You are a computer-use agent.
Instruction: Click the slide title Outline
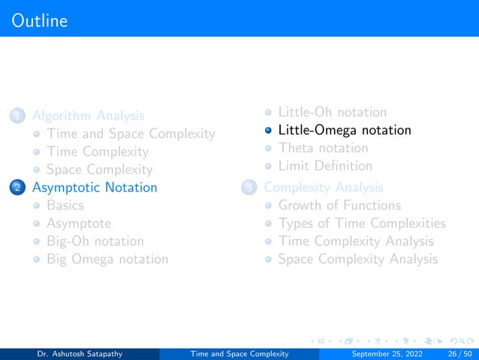point(40,20)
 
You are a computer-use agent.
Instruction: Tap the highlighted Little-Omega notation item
point(344,130)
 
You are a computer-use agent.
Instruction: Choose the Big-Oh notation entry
point(95,241)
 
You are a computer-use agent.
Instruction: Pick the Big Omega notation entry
point(107,259)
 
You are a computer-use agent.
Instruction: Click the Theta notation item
point(323,148)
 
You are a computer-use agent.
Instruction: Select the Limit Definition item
point(324,165)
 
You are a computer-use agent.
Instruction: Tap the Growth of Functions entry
point(339,205)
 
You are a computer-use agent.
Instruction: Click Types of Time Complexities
point(361,223)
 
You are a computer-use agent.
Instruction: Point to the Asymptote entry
point(78,223)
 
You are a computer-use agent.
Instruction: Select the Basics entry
point(65,205)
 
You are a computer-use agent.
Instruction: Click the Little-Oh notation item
point(332,112)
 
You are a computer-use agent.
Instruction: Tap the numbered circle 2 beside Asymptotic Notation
point(17,188)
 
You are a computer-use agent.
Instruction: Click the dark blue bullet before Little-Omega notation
point(268,131)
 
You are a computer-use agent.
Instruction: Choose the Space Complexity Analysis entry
point(357,259)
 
